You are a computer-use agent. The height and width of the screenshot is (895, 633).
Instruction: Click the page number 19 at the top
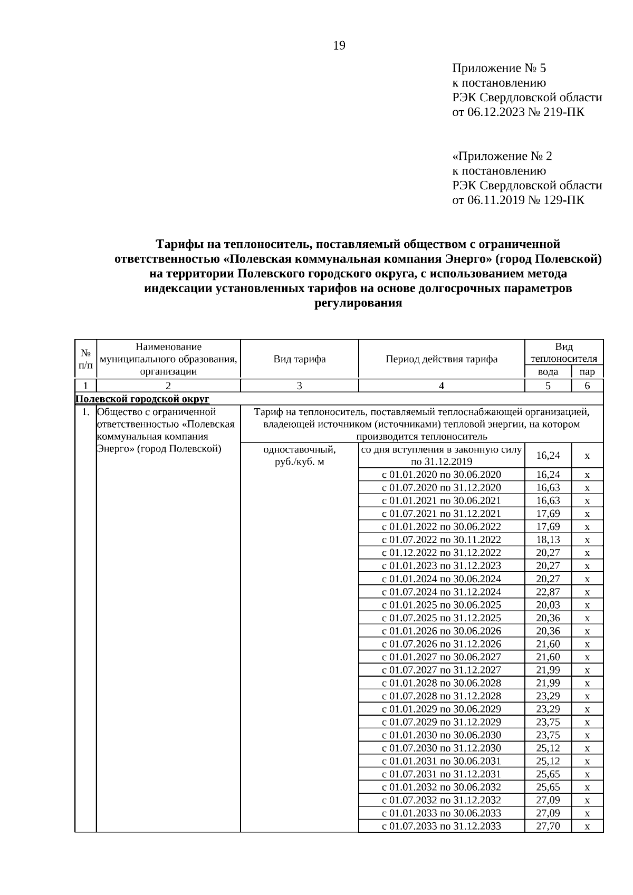[339, 46]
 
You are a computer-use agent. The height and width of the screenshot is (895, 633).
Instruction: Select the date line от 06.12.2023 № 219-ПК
[518, 112]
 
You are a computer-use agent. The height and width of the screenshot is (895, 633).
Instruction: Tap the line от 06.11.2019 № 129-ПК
[518, 200]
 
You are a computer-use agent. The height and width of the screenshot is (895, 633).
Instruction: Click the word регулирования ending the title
[358, 303]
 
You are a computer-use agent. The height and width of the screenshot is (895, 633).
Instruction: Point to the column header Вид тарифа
[299, 359]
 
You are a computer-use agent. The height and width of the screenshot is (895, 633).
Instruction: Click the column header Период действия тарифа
[442, 359]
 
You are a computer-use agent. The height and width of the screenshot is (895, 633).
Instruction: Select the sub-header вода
[548, 372]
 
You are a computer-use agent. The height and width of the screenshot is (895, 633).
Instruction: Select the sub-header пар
[587, 372]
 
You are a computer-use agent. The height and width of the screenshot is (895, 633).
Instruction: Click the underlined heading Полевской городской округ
[142, 399]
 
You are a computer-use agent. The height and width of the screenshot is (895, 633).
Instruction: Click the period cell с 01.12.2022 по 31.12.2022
[442, 553]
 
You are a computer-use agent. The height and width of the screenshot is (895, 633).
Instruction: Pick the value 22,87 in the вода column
[548, 592]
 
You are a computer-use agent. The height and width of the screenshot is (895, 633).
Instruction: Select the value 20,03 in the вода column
[548, 605]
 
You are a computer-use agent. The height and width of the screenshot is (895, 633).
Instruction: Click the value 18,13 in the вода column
[548, 540]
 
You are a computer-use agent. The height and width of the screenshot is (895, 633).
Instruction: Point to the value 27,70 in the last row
[548, 826]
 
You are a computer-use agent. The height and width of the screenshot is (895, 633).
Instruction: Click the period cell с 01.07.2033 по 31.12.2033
[442, 826]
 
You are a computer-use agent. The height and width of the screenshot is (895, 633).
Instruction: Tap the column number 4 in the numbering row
[442, 386]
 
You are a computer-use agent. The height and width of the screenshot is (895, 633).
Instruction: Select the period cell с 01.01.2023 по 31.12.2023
[442, 566]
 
